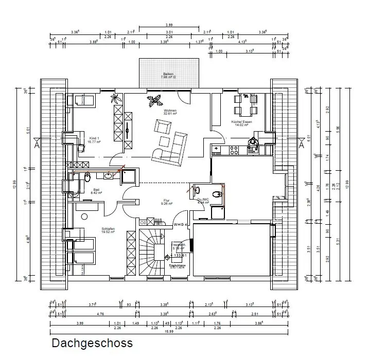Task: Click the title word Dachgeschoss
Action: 92,343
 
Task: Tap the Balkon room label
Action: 168,74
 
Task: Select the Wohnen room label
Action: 170,111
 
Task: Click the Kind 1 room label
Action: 94,139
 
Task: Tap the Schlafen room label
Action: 108,229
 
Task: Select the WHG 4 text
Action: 180,225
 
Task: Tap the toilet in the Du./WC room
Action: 218,194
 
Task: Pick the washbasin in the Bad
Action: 109,177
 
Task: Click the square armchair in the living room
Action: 163,127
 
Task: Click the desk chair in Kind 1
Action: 81,148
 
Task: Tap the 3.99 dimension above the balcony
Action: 168,25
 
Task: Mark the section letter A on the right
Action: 302,145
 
